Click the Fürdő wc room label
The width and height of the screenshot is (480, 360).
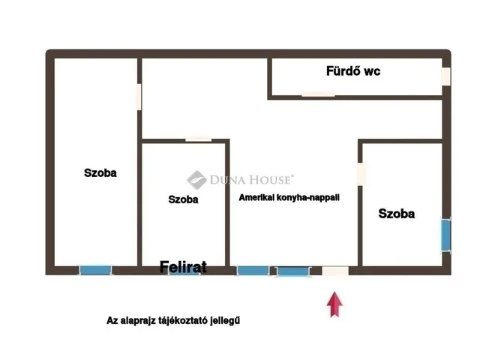(352, 72)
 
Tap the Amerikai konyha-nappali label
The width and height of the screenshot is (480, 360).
(289, 197)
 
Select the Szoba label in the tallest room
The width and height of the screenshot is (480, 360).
(100, 172)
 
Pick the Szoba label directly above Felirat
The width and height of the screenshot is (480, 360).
(183, 199)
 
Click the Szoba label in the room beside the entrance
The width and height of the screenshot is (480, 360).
(396, 214)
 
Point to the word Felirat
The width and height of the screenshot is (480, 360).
(183, 265)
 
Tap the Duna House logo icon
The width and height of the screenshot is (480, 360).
(196, 179)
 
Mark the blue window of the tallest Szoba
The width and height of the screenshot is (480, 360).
(95, 270)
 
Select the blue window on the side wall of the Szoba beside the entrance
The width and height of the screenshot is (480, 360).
(445, 235)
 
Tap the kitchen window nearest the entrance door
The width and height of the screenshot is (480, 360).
(292, 271)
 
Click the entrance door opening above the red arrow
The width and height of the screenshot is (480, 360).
(335, 271)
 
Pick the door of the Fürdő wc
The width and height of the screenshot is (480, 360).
(318, 94)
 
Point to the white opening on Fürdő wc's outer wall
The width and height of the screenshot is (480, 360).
(445, 77)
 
